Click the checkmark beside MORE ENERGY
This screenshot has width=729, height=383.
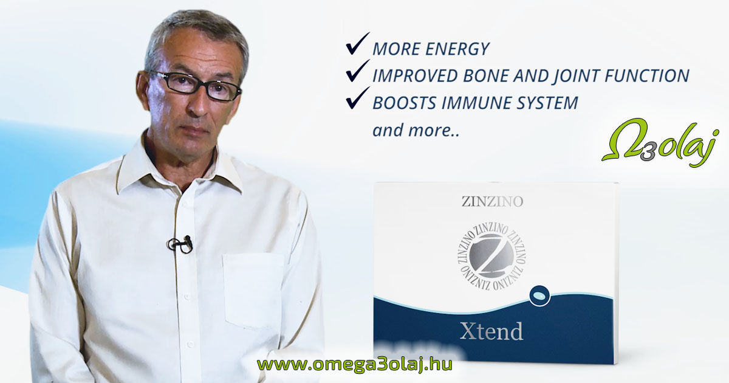[x=357, y=44]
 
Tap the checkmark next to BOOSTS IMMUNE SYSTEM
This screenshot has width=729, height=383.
[x=357, y=98]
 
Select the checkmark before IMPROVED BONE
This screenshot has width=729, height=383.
[x=357, y=71]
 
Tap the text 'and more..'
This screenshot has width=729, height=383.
[x=416, y=130]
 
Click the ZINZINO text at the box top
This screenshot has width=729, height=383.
[x=492, y=202]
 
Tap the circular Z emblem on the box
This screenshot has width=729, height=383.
[x=492, y=257]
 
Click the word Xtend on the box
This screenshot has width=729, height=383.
[x=491, y=331]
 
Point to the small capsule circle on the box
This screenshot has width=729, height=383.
[x=539, y=296]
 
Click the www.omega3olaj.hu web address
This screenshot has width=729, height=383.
[x=354, y=364]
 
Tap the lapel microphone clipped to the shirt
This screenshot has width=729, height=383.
[x=180, y=244]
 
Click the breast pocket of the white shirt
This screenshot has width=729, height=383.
[x=253, y=290]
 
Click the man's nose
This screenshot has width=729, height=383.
[x=199, y=103]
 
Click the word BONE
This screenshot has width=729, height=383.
[x=486, y=76]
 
